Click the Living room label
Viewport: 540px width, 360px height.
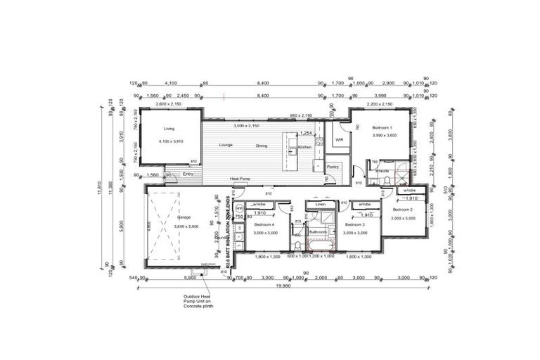tap(169, 129)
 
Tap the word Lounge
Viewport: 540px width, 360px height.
tap(226, 146)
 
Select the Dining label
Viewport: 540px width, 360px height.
tap(262, 146)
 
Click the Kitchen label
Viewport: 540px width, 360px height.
tap(304, 147)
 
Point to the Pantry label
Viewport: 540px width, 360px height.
tap(332, 167)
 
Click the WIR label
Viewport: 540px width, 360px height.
tap(339, 139)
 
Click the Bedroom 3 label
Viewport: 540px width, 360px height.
tap(355, 224)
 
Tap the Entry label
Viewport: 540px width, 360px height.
tap(188, 174)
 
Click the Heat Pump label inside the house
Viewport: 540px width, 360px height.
tap(240, 180)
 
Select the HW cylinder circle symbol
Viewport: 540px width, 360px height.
tap(240, 209)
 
